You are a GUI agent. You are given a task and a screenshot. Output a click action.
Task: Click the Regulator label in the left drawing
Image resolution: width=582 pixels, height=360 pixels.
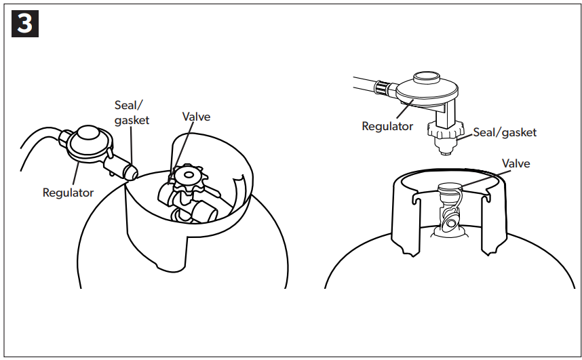[x=68, y=193]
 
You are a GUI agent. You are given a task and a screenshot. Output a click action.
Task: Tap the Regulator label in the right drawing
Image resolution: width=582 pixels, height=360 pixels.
[x=387, y=126]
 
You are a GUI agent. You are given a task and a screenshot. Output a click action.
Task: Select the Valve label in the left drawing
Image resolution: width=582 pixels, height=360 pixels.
[x=197, y=117]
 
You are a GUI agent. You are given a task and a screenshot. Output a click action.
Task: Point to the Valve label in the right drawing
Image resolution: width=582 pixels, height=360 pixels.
[x=516, y=163]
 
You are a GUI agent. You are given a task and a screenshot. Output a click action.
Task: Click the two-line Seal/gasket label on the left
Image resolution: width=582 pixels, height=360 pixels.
[x=131, y=112]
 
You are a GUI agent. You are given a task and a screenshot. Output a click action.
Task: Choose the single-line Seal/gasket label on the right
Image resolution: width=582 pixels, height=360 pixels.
[x=505, y=132]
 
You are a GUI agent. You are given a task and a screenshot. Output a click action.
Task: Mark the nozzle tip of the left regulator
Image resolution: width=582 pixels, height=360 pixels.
[x=132, y=174]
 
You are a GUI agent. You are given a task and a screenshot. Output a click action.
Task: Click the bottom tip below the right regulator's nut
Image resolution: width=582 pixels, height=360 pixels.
[x=445, y=151]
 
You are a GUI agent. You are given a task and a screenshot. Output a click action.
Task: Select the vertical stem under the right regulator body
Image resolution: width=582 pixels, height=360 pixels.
[x=442, y=114]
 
